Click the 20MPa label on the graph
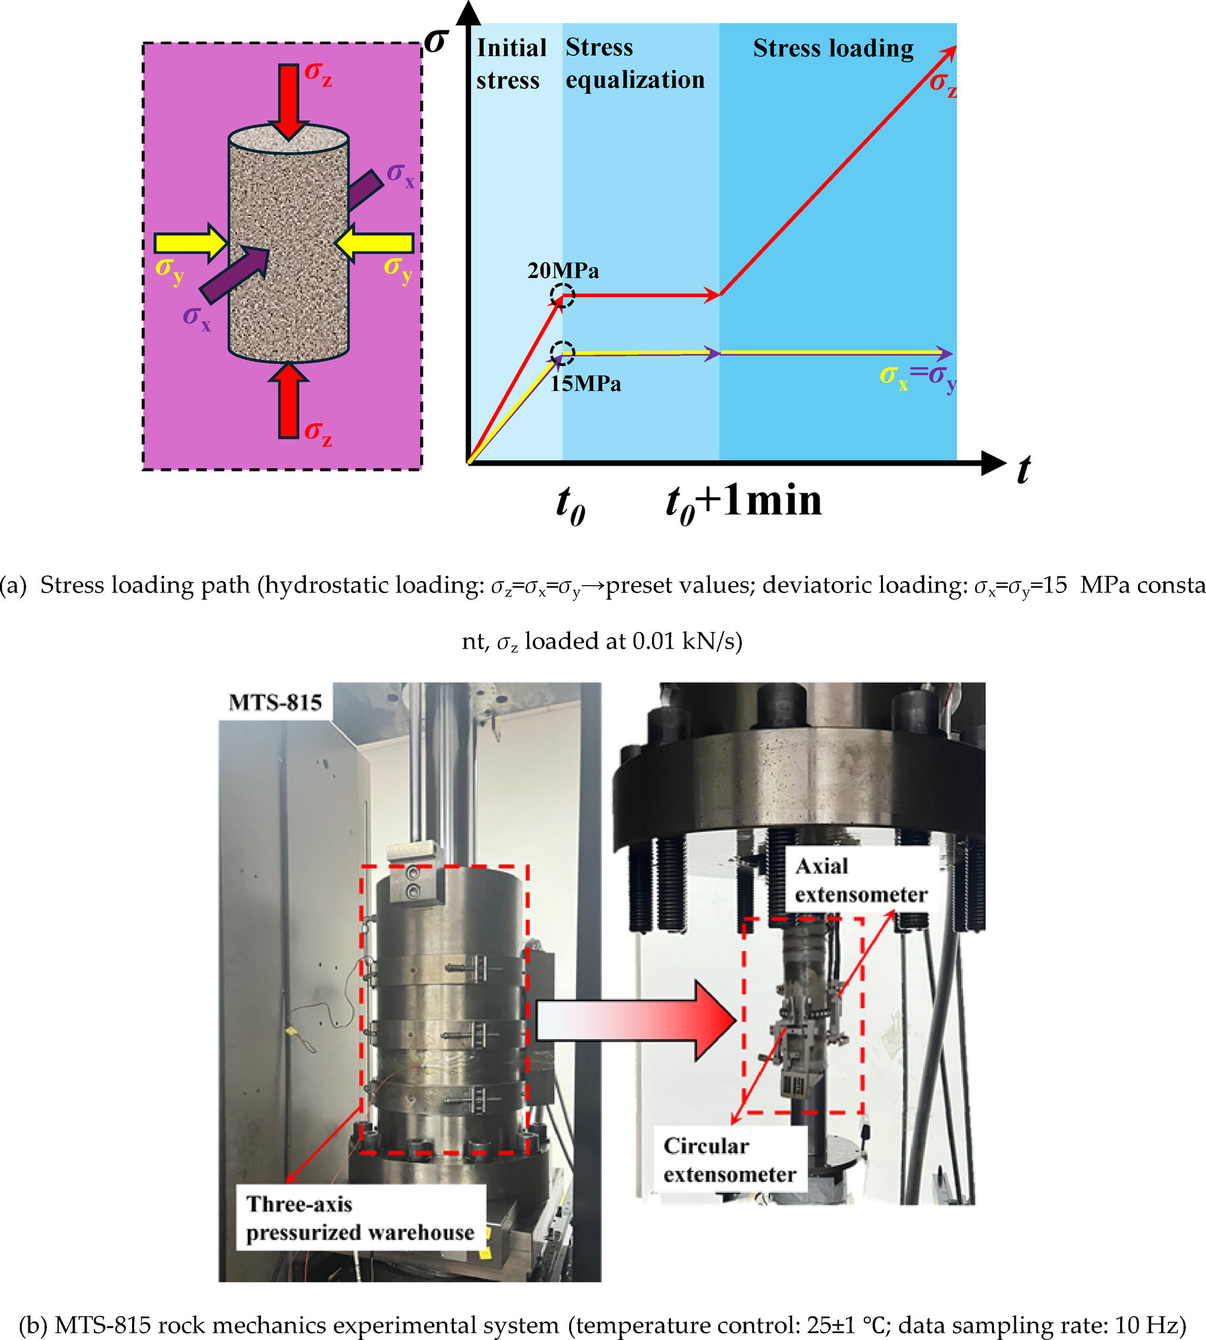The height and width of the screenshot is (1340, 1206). [563, 270]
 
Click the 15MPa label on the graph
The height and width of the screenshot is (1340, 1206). [585, 384]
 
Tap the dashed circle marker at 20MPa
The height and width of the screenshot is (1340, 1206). [563, 296]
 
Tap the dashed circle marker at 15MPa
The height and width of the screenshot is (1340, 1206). [563, 353]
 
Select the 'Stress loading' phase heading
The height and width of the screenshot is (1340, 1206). [833, 48]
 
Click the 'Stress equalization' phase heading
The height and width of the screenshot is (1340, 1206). [634, 63]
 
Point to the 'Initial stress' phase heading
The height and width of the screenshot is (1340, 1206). [511, 63]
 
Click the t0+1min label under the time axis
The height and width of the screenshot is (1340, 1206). [744, 502]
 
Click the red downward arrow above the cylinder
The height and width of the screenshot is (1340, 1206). [288, 100]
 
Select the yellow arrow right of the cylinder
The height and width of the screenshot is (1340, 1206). [375, 242]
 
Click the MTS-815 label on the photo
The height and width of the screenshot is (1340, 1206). [275, 702]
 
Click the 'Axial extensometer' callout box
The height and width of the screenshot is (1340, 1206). [860, 880]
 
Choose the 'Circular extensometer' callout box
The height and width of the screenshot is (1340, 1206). [730, 1160]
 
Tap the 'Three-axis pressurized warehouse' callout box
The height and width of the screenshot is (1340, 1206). [360, 1218]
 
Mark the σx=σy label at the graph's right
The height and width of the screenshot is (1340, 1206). [918, 376]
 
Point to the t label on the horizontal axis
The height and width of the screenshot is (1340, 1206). [1023, 470]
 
